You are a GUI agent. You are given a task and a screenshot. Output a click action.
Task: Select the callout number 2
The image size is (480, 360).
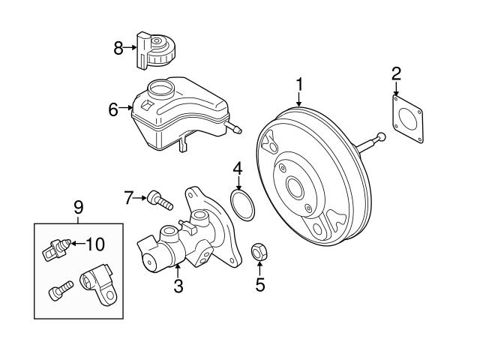pos(396,73)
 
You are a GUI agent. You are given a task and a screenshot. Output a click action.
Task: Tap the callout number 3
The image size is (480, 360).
pos(178,285)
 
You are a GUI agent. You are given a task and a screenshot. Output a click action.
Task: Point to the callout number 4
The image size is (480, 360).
pos(237,169)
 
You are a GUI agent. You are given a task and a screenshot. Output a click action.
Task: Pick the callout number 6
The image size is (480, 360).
pos(113,109)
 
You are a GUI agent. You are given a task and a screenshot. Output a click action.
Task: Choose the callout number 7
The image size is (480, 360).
pos(128,198)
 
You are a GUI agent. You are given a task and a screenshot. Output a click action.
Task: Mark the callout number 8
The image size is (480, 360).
pos(118,49)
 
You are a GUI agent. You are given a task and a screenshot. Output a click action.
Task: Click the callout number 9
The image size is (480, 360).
pos(79,206)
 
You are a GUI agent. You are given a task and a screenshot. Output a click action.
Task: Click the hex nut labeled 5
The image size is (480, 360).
pos(259,253)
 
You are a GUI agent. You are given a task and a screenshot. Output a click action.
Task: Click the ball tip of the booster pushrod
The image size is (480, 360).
pos(382,136)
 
